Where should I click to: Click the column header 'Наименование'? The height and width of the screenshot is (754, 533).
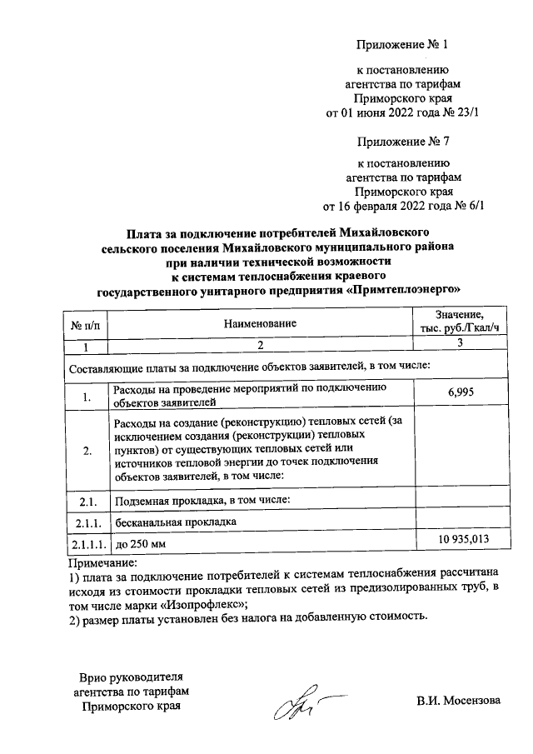point(259,322)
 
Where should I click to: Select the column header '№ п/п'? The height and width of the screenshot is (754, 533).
point(86,322)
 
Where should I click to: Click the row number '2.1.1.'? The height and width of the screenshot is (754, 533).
point(86,522)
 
